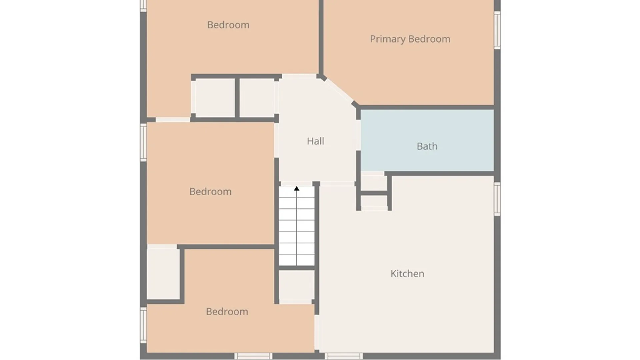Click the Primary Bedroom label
coord(410,39)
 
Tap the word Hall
coord(315,141)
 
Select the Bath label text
coord(427,146)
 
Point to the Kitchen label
coord(407,274)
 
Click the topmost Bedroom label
coord(228,25)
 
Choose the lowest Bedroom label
coord(227,311)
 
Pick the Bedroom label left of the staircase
coord(210,191)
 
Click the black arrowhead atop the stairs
coord(297,189)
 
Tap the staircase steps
coord(297,226)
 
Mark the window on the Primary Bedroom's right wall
coord(497,30)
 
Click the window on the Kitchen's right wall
coord(497,199)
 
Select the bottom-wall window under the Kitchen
coord(343,356)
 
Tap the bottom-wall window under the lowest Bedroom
coord(253,356)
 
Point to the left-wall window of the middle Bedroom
coord(143,142)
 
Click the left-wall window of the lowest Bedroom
coord(143,325)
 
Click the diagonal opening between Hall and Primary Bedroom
coord(339,90)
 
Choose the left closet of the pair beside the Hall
coord(215,98)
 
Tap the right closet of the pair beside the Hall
coord(257,98)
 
